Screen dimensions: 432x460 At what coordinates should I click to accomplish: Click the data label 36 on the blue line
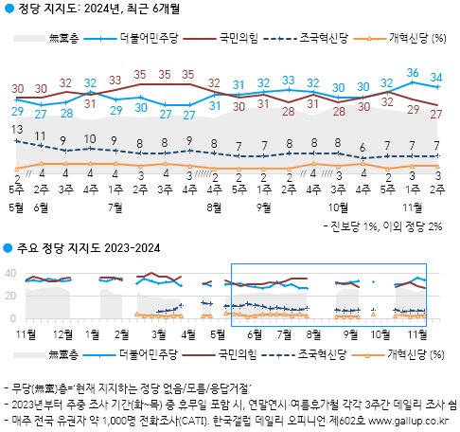point(413,72)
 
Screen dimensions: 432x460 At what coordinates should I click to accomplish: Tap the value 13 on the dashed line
point(17,129)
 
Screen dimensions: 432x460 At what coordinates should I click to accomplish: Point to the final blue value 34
point(436,78)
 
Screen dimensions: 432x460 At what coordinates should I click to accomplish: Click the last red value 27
point(436,114)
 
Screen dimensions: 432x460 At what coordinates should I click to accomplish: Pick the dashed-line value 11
point(40,136)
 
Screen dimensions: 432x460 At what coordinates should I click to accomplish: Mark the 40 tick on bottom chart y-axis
point(10,274)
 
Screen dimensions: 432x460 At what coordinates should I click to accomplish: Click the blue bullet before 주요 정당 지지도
point(8,248)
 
